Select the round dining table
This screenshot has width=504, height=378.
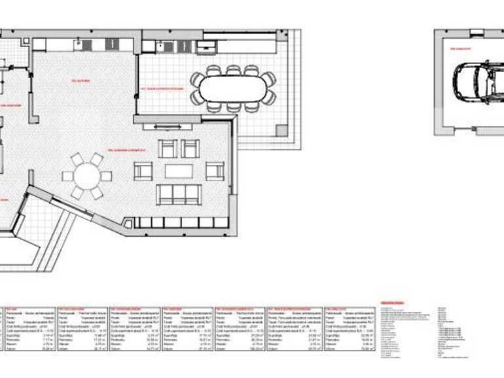(87, 175)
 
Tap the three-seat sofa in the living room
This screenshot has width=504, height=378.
(179, 194)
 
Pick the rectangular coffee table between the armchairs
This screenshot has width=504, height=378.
(179, 171)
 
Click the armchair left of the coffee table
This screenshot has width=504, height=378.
(143, 171)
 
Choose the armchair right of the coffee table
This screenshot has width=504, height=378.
(215, 171)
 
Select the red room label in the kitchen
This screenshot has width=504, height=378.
(81, 81)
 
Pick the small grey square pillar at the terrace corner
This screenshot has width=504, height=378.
(282, 130)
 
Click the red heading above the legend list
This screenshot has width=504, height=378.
(392, 303)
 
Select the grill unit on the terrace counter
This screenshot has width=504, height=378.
(206, 46)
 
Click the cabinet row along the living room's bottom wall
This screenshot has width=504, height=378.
(183, 222)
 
